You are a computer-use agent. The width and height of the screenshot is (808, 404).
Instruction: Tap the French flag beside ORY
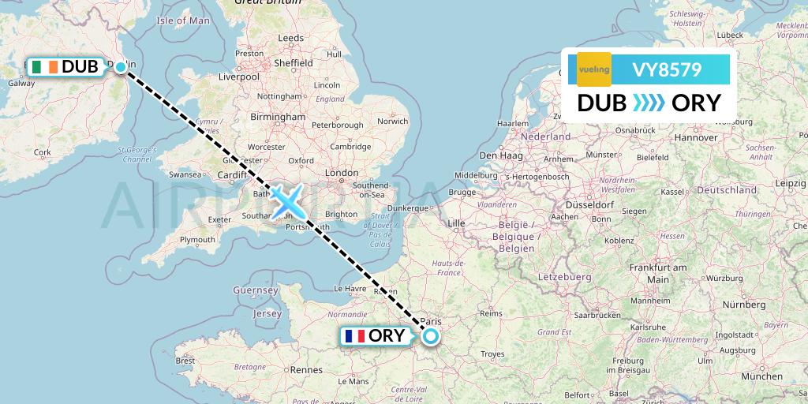pyautogui.click(x=355, y=336)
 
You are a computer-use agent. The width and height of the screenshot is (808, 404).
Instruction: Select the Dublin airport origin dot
pyautogui.click(x=121, y=67)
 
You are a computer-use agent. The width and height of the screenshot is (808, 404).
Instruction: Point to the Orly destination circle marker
pyautogui.click(x=431, y=336)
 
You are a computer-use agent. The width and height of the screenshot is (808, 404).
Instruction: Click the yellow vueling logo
pyautogui.click(x=593, y=69)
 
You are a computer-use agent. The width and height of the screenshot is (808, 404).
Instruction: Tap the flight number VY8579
pyautogui.click(x=667, y=69)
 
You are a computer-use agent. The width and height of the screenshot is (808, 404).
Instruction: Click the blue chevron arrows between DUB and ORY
pyautogui.click(x=649, y=103)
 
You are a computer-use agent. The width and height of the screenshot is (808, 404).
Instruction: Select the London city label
pyautogui.click(x=342, y=173)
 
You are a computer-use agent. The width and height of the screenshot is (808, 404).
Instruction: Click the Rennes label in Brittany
pyautogui.click(x=306, y=369)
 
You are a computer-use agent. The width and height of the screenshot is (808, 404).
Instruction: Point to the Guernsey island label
pyautogui.click(x=255, y=290)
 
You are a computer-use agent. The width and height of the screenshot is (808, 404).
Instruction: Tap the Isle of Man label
pyautogui.click(x=184, y=21)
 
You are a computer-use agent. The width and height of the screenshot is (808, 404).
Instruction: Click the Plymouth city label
pyautogui.click(x=197, y=240)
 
